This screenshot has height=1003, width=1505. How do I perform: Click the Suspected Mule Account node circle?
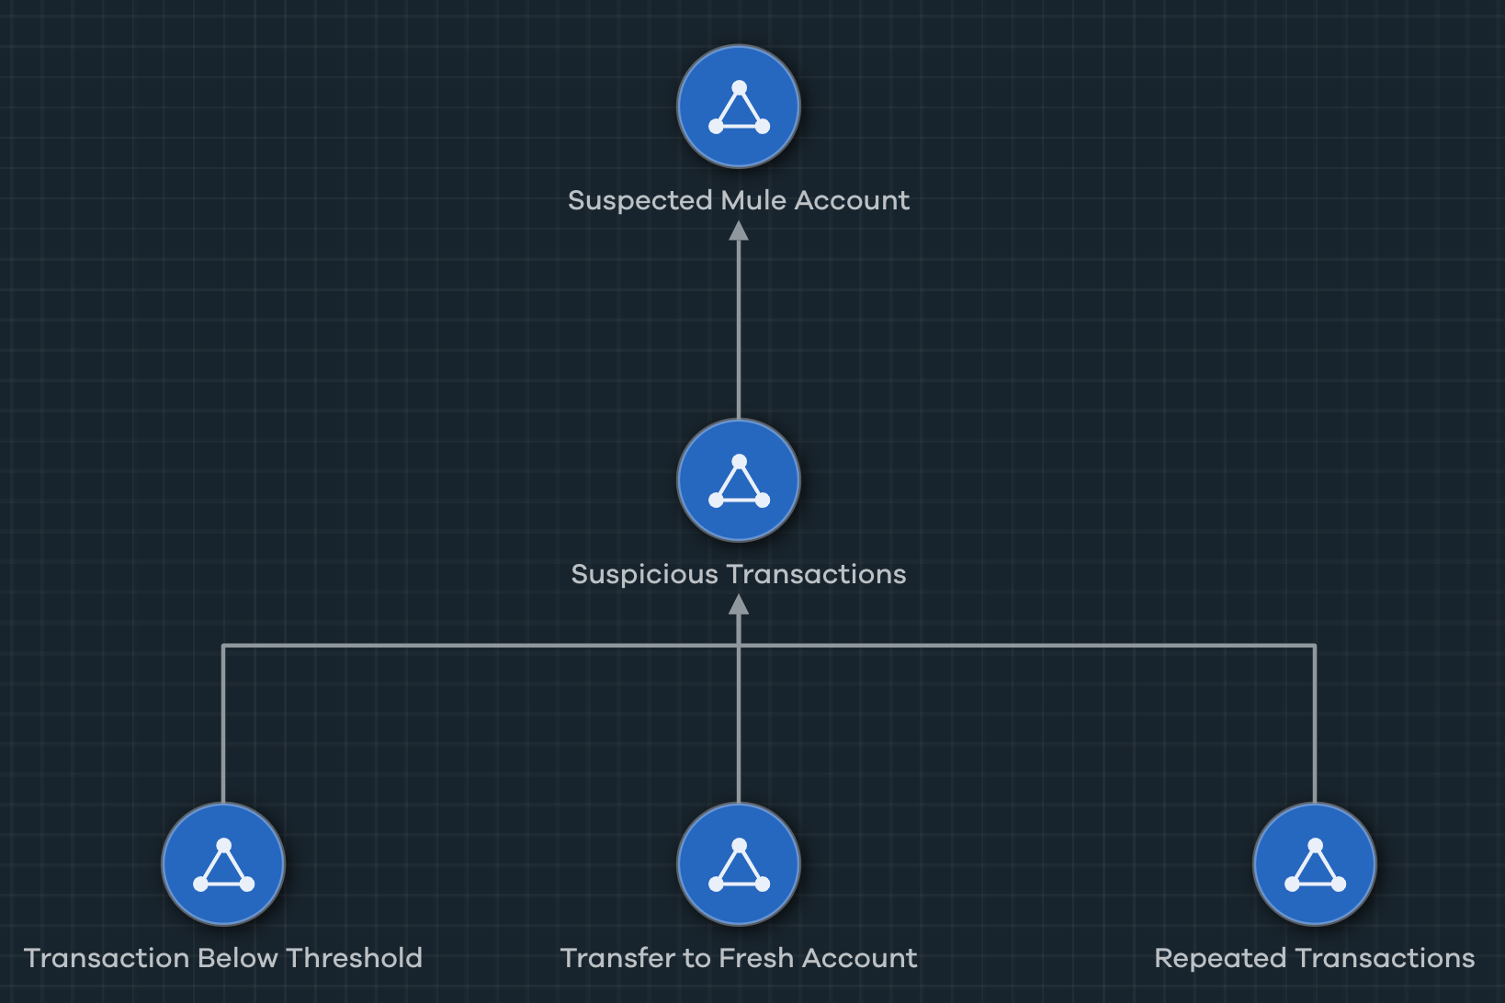(739, 107)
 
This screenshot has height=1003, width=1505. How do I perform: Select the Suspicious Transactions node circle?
(739, 480)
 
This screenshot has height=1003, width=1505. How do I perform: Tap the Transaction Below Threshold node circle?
(223, 864)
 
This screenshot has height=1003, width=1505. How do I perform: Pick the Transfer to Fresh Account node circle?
(739, 864)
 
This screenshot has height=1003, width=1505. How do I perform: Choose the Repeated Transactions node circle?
(1315, 864)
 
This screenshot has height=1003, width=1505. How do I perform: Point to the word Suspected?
(640, 200)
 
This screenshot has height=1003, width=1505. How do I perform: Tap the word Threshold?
(354, 958)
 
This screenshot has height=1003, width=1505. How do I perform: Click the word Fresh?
(756, 958)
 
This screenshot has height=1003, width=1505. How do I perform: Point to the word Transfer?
(617, 958)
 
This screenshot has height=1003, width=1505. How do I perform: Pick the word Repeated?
(1219, 958)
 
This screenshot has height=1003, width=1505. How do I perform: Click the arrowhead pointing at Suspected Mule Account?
(739, 231)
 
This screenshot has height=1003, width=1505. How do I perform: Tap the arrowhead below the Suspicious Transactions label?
(739, 605)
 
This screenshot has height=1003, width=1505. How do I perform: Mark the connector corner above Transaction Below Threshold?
(223, 647)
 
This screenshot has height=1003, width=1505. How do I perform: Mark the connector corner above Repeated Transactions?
(1315, 647)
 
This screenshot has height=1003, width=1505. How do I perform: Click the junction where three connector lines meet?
(739, 647)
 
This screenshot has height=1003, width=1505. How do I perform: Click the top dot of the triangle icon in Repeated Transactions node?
(1315, 845)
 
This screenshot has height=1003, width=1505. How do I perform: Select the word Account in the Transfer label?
(859, 958)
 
